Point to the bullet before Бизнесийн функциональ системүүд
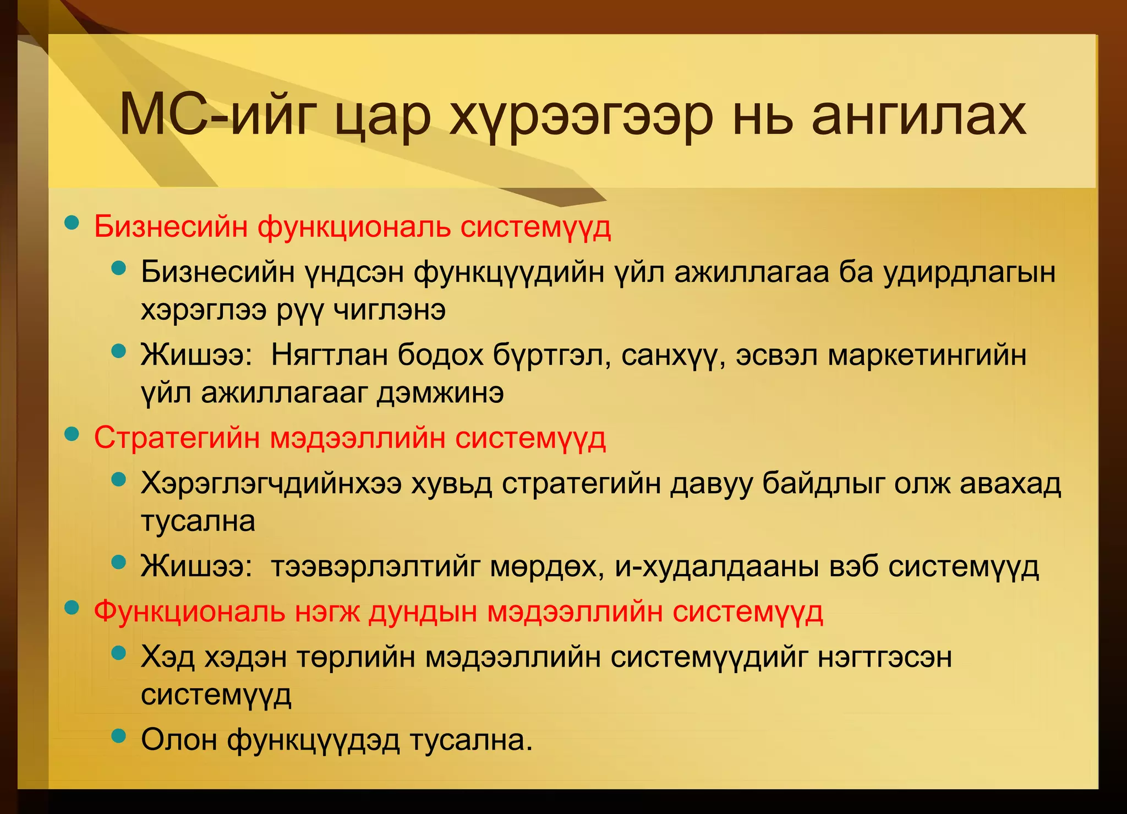(72, 223)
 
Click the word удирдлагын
(970, 272)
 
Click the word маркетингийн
(927, 355)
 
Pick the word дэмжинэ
(440, 393)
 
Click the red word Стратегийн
(177, 439)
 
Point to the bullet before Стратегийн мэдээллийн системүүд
(72, 434)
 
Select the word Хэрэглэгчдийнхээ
(271, 484)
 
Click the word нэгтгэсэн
(884, 657)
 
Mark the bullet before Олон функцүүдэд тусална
(118, 736)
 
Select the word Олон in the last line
(179, 740)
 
